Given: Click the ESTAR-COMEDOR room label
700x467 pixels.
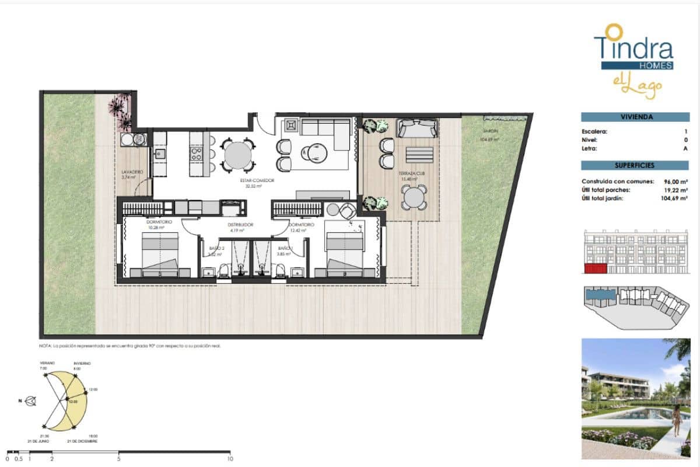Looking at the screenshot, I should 257,180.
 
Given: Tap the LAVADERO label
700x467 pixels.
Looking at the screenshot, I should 132,172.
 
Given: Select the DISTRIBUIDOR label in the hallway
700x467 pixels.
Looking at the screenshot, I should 240,224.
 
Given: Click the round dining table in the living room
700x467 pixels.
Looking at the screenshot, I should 239,155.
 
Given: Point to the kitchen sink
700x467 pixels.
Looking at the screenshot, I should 160,155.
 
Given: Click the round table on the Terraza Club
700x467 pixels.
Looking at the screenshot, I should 413,198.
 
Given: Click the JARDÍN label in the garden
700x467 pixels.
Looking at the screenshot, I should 488,132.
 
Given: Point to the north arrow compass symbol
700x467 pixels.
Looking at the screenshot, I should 30,401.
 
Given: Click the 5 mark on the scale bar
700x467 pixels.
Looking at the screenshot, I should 119,458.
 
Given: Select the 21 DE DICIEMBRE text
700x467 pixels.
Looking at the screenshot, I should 82,441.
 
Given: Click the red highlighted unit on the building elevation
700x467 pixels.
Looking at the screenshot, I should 594,269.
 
